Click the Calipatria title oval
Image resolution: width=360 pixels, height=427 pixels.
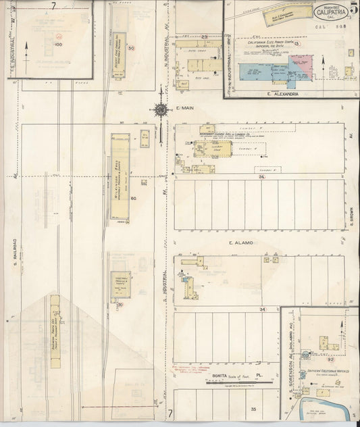click(x=331, y=11)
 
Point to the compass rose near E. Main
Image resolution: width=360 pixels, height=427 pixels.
click(x=161, y=110)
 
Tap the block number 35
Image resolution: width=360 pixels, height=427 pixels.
click(x=254, y=409)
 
